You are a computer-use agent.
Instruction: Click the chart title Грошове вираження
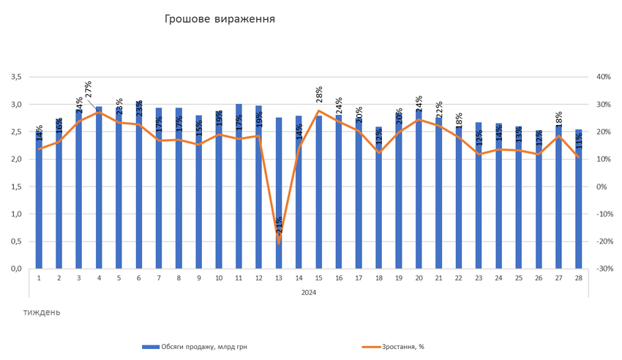[x=220, y=18]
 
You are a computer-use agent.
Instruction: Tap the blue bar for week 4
[x=99, y=187]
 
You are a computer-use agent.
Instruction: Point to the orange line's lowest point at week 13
[x=279, y=242]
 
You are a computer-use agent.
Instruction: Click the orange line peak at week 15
[x=319, y=110]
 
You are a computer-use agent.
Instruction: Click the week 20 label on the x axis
[x=419, y=279]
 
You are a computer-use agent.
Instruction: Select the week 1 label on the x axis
[x=39, y=279]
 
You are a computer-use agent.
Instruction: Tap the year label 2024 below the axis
[x=308, y=292]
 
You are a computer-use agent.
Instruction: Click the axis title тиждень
[x=42, y=312]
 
